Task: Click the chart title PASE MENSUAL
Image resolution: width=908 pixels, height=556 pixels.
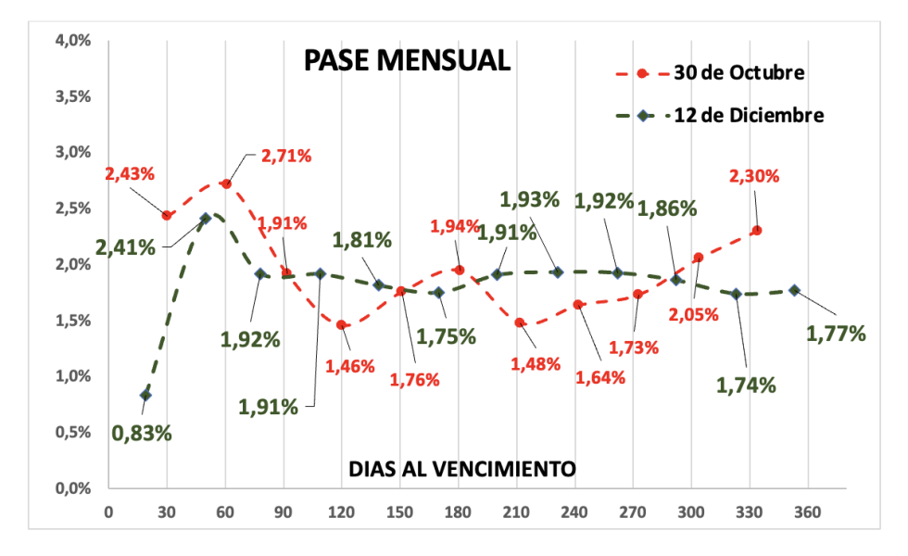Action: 407,61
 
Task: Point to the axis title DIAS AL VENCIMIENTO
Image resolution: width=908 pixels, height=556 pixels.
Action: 462,469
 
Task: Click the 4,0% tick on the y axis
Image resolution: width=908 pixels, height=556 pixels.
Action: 72,41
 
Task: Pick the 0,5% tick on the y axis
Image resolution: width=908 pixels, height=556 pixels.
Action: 72,432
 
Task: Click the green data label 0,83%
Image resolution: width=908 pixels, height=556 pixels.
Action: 142,432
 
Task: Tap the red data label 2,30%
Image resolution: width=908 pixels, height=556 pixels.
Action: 753,176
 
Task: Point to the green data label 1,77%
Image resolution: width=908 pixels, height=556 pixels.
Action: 836,334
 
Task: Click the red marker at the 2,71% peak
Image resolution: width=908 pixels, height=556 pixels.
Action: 226,183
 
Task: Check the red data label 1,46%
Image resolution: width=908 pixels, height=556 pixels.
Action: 349,365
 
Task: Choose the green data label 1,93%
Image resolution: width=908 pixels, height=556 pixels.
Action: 530,199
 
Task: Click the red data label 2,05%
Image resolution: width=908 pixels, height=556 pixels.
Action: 693,314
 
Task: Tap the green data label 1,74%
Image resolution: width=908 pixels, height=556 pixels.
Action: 746,385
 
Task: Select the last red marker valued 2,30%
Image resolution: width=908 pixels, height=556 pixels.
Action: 757,230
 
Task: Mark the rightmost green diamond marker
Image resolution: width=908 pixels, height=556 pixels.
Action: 794,290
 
